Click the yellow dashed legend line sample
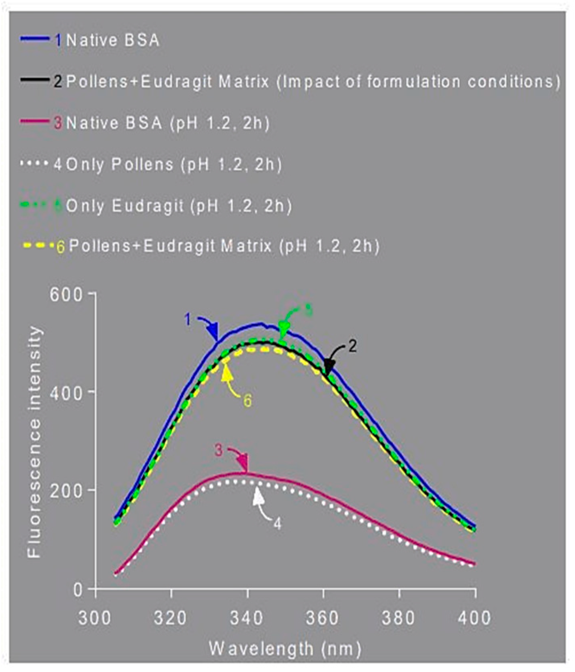39,246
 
